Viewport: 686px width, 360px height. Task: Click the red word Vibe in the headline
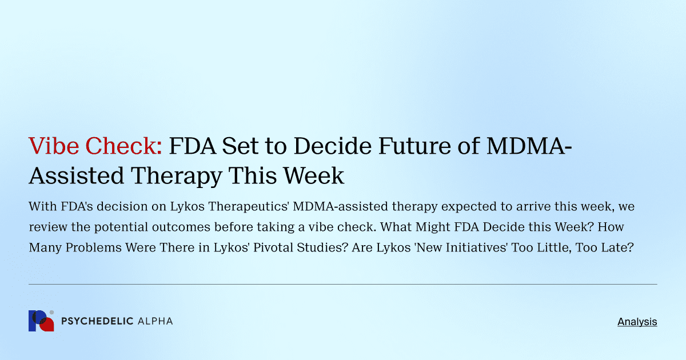51,146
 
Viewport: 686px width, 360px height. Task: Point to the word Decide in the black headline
327,146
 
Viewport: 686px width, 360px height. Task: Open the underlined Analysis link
637,322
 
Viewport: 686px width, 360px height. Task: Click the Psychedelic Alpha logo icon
41,321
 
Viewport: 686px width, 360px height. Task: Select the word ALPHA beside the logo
155,322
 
